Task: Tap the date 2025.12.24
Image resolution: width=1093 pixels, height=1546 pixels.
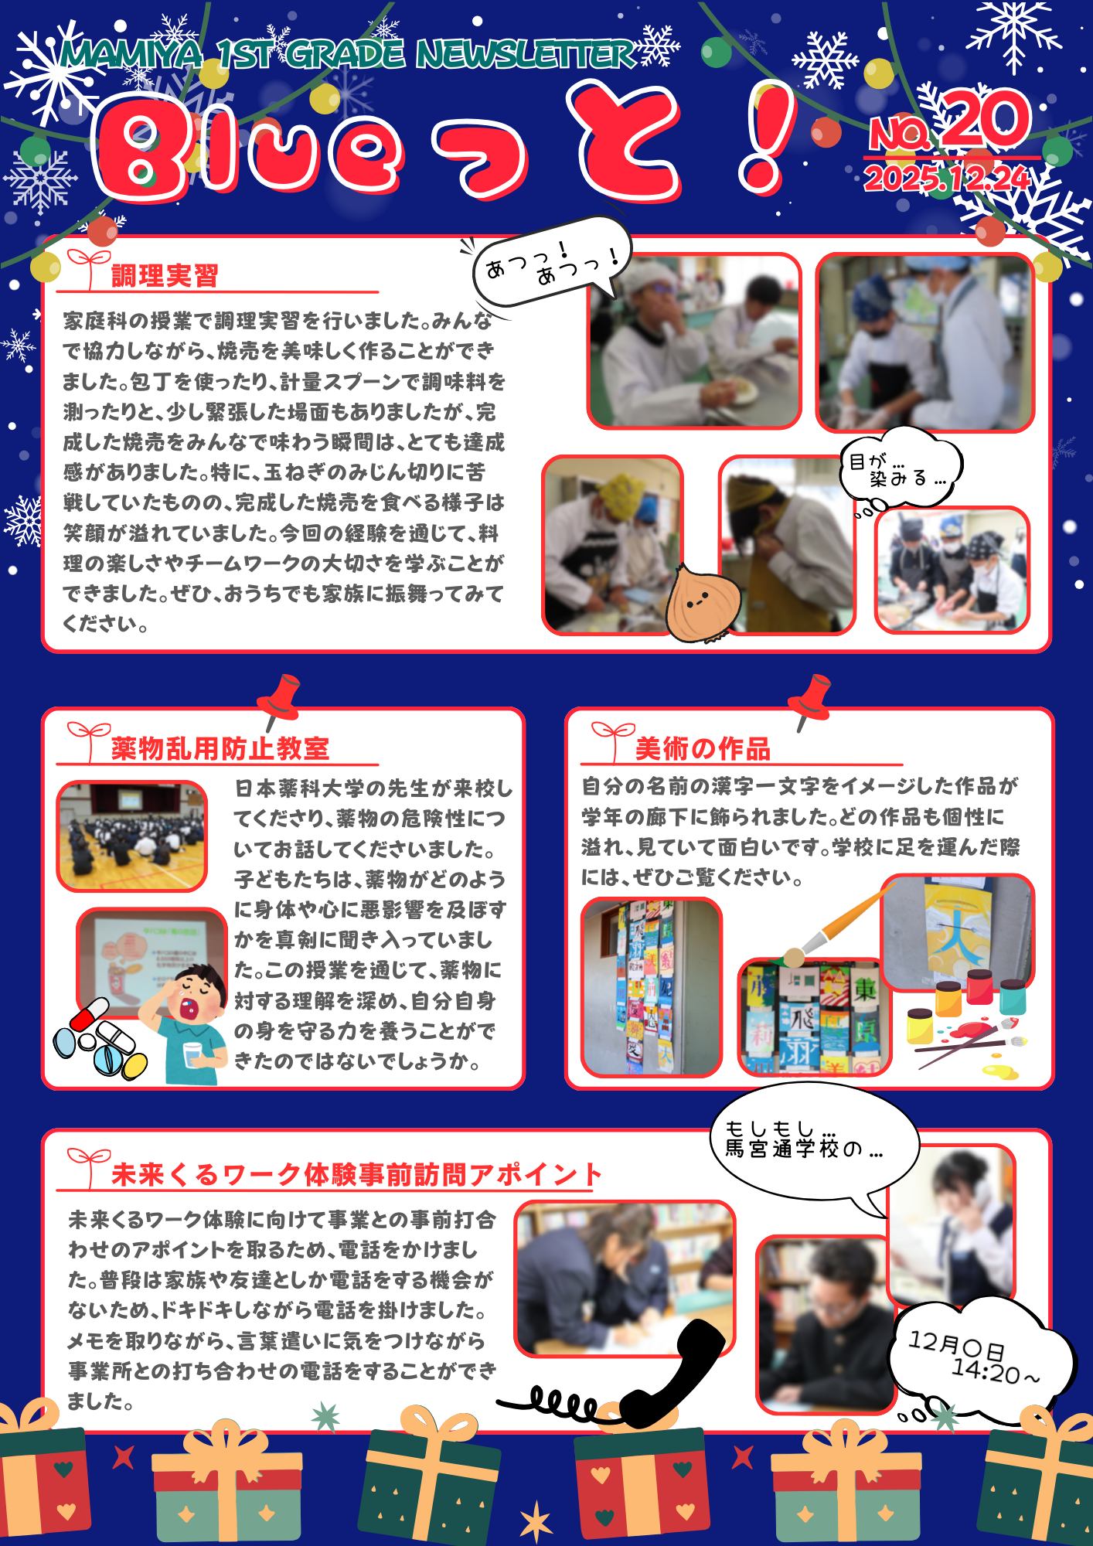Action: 947,179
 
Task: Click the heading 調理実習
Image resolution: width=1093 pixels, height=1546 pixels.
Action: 165,276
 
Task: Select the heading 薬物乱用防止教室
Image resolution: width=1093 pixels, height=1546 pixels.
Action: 220,748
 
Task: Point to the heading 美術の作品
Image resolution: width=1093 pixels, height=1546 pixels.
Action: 703,748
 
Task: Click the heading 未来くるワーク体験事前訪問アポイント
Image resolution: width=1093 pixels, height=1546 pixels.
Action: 356,1174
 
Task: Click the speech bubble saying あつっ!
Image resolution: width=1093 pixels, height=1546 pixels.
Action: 553,261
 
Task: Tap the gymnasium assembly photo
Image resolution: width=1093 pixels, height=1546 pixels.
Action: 132,836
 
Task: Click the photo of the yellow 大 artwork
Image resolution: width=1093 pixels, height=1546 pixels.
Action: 957,932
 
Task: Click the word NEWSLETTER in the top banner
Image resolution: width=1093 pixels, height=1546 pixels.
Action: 526,55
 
